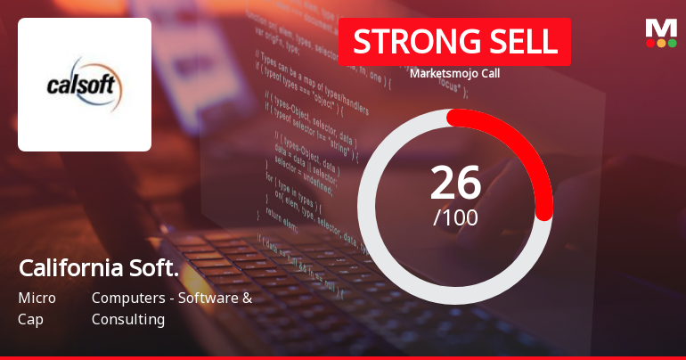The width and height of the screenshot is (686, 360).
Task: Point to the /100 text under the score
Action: [x=455, y=217]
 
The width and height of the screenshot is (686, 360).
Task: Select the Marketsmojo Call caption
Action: [x=454, y=73]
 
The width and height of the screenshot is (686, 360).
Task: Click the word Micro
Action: [x=37, y=298]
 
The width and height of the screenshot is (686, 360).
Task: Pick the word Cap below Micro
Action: [x=30, y=319]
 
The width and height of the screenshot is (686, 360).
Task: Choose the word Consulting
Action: [x=128, y=319]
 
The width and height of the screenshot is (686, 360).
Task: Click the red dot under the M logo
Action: [x=649, y=43]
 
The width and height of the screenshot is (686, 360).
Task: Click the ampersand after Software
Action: [x=247, y=298]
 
